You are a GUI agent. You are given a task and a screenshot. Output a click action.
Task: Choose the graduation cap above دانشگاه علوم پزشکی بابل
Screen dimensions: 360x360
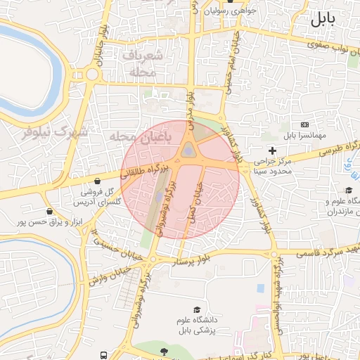(x=197, y=310)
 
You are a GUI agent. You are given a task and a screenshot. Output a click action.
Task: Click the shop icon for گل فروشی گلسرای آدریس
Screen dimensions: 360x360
(x=105, y=181)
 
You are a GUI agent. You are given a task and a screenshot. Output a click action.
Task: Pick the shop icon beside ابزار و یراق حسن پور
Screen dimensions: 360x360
(x=49, y=211)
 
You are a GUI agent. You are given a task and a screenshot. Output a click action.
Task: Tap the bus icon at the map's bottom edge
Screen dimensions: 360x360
(x=104, y=356)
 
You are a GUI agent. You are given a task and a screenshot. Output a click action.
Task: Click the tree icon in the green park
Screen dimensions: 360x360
(x=164, y=350)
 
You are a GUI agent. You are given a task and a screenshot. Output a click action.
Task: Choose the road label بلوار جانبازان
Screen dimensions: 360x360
(x=102, y=42)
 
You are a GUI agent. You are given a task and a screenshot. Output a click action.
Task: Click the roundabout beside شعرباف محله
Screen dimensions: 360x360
(x=92, y=75)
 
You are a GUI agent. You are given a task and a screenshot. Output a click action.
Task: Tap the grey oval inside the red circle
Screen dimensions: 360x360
(x=188, y=150)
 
